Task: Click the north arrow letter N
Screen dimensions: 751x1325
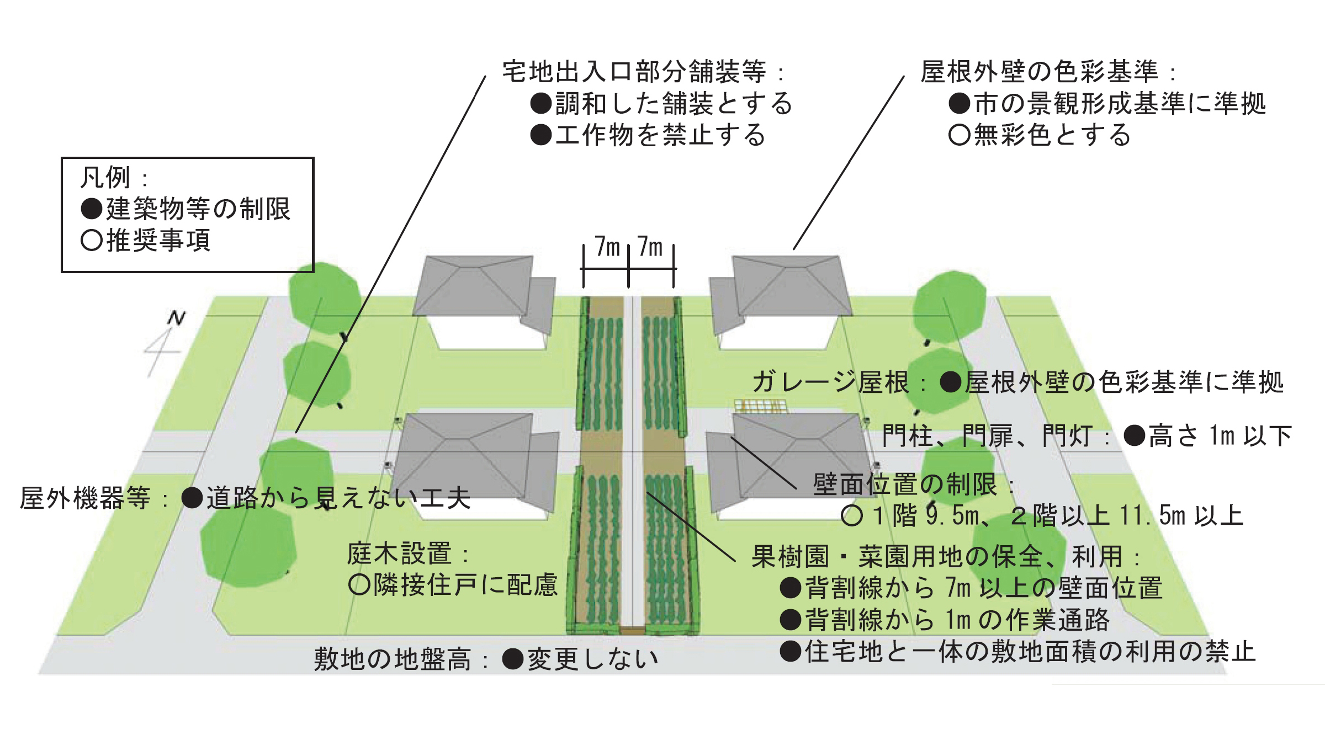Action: coord(176,318)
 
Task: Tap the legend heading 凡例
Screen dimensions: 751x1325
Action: coord(105,178)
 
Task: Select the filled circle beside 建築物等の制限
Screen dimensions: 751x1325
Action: coord(92,209)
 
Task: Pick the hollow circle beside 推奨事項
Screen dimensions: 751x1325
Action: coord(92,241)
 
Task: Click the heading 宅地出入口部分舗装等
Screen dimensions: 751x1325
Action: coord(634,72)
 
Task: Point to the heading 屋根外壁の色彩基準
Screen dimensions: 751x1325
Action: coord(1039,72)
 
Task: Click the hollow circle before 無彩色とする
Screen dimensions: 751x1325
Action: coord(960,135)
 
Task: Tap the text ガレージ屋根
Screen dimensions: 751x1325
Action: coord(830,382)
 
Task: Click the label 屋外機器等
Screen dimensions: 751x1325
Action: coord(85,498)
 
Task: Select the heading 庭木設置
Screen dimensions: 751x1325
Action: coord(399,553)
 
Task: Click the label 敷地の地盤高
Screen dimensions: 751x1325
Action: coord(393,659)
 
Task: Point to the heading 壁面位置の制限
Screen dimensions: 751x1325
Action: coord(905,484)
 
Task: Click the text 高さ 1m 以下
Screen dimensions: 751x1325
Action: coord(1220,436)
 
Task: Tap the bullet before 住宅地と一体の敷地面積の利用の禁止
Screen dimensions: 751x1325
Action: coord(791,652)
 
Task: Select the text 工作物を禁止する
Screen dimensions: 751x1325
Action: coord(660,135)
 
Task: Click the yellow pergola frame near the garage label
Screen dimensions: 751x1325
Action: coord(760,407)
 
